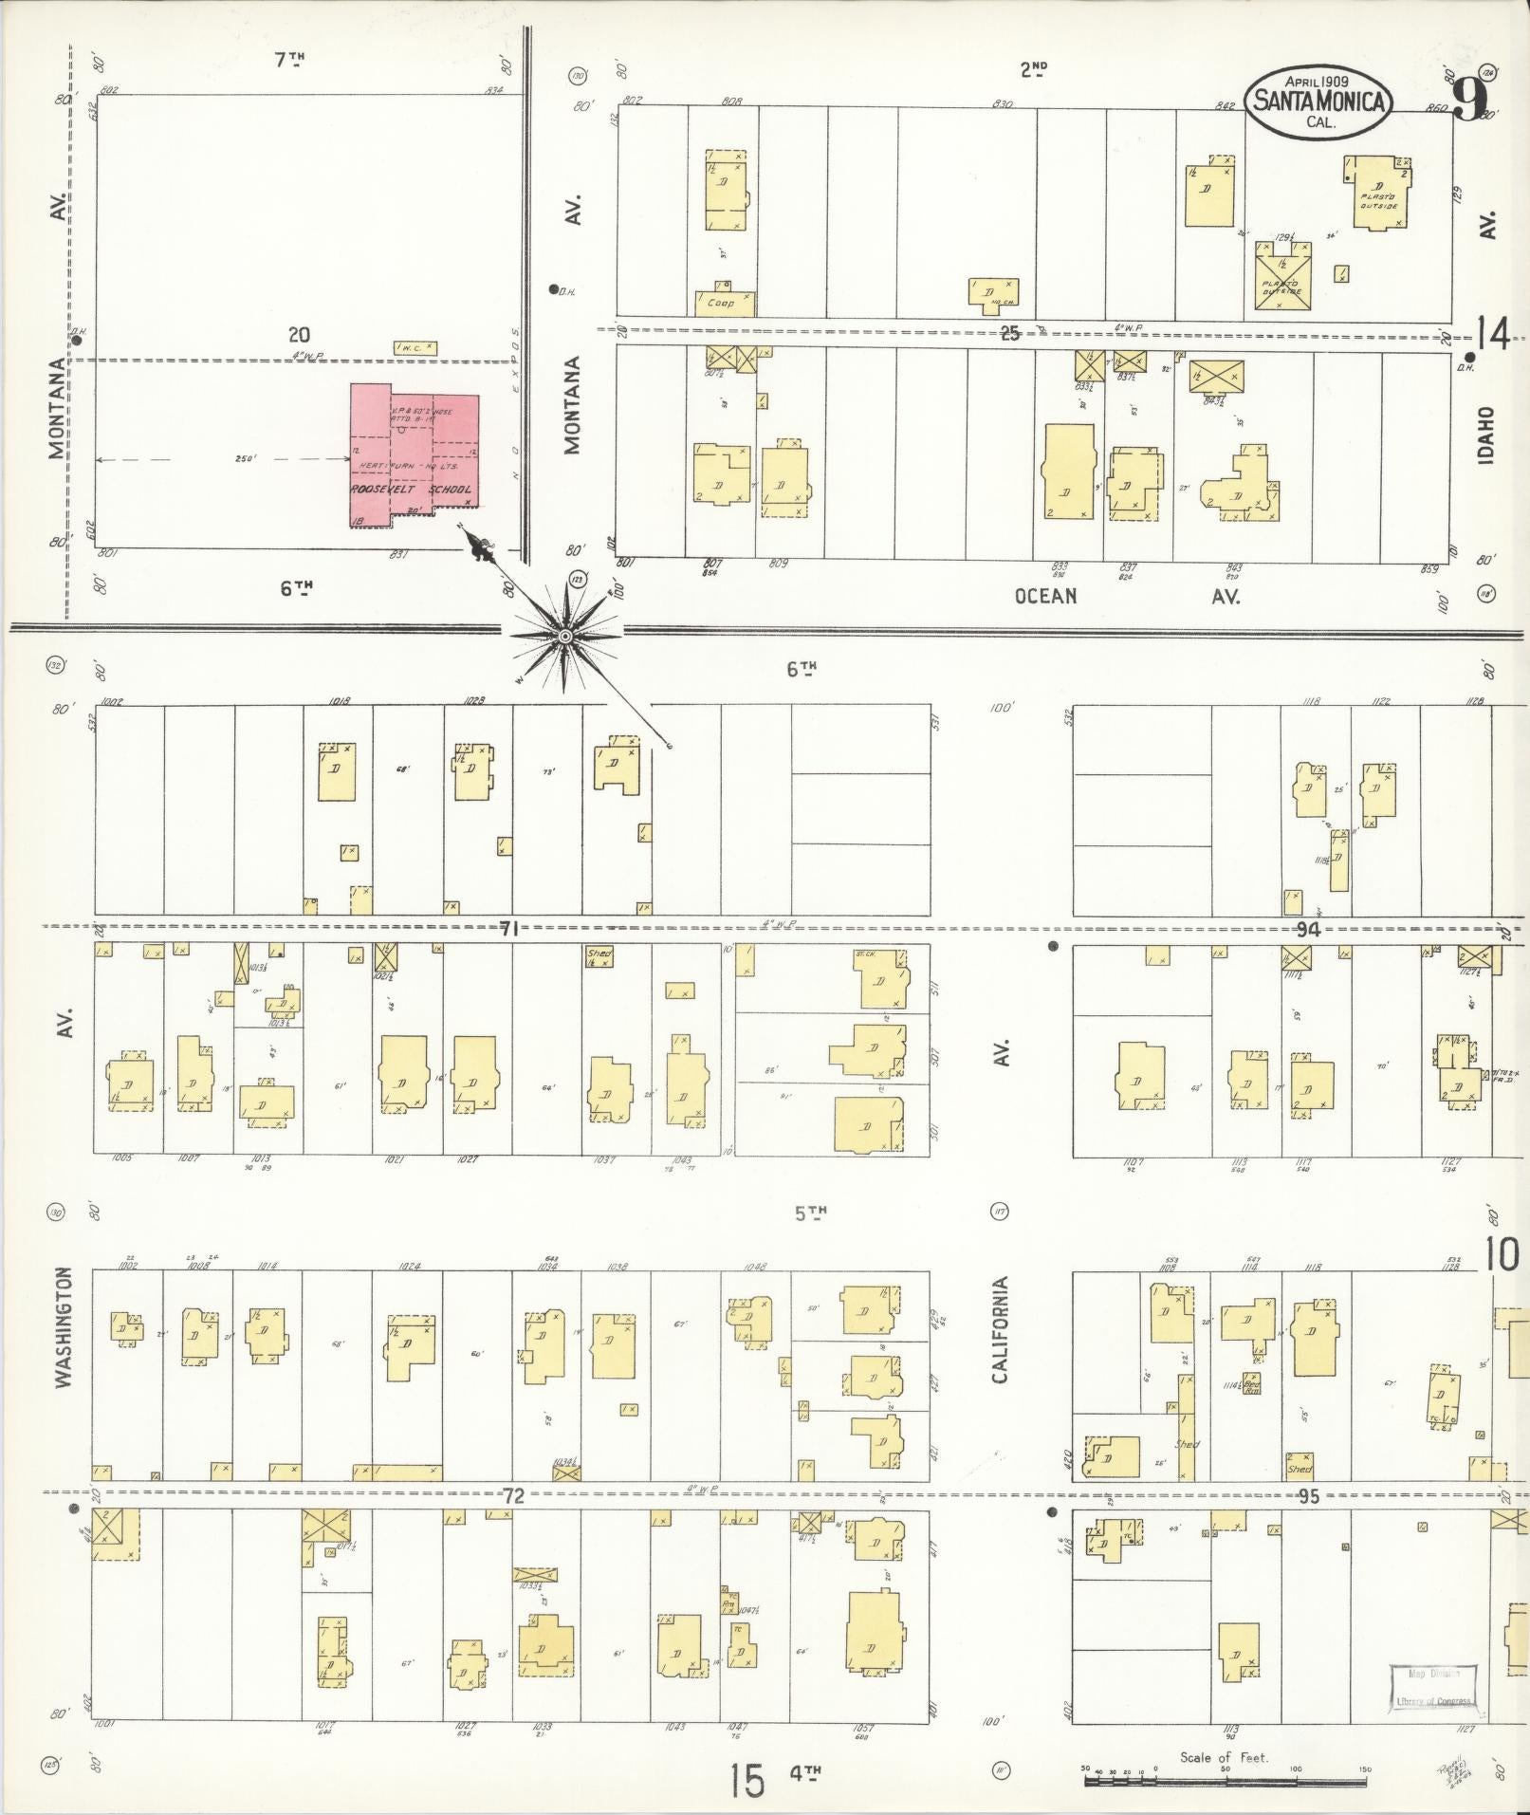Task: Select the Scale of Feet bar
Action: coord(1224,1781)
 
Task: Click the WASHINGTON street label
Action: coord(64,1327)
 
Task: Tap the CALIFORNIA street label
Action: coord(999,1328)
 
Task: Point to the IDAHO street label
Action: coord(1485,435)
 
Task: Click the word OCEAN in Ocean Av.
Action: coord(1045,596)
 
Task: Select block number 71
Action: coord(508,930)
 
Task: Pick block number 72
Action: coord(513,1496)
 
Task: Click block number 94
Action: coord(1309,930)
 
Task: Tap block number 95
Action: coord(1309,1496)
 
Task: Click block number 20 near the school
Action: coord(300,335)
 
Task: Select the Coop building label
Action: coord(721,303)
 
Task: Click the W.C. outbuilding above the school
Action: coord(415,348)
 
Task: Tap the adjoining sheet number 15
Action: coord(747,1780)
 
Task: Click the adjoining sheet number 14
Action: coord(1493,334)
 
